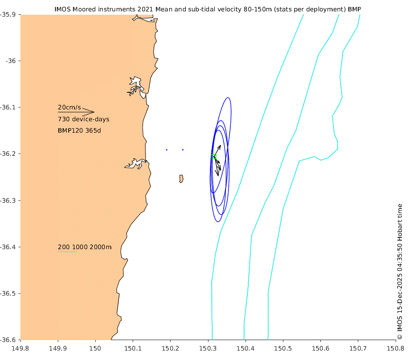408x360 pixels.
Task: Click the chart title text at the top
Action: [210, 9]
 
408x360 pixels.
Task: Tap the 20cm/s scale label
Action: [70, 107]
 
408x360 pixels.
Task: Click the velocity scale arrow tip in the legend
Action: [94, 112]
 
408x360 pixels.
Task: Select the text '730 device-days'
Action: [83, 119]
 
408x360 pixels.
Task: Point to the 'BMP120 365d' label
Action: [79, 130]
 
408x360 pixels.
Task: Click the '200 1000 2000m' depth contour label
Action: [84, 247]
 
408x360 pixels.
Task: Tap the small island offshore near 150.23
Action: [181, 179]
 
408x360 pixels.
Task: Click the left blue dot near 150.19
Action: [167, 150]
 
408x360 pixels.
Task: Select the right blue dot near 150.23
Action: [182, 150]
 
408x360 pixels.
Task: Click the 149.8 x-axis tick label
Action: [21, 349]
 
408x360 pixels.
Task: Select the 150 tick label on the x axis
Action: [95, 349]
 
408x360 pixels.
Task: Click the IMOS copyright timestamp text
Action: [399, 271]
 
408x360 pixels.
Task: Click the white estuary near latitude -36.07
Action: [136, 86]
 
